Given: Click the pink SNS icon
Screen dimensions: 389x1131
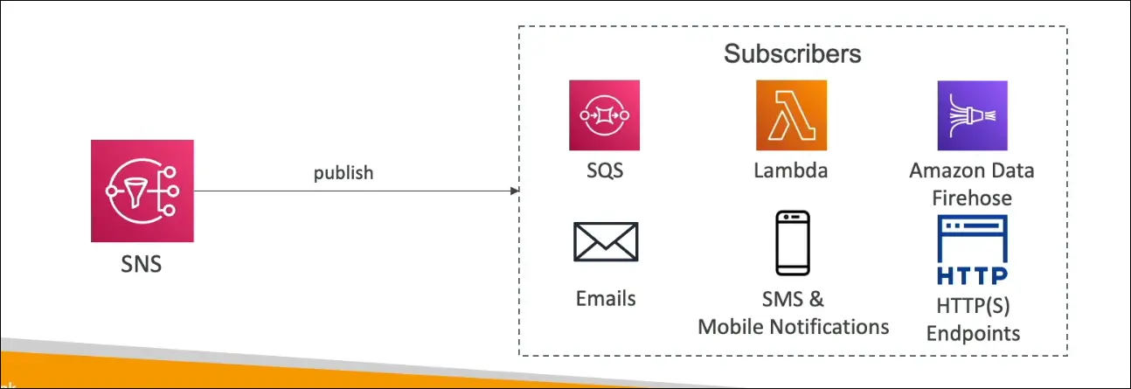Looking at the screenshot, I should (142, 191).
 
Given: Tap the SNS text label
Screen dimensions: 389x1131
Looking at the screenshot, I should (142, 263).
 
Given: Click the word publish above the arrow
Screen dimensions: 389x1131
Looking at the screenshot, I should (343, 172).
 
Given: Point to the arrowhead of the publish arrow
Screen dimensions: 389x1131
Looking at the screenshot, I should (514, 191).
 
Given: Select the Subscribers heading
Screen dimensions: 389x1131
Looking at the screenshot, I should (792, 53).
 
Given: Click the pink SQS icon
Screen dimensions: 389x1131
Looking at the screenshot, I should (604, 115).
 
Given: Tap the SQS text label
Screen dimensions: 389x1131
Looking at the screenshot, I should (605, 170).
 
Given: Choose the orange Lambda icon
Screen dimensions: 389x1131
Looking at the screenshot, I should (791, 115).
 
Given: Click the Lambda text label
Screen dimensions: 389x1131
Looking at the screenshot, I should (791, 170).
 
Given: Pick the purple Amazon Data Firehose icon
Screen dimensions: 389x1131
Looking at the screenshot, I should (972, 115).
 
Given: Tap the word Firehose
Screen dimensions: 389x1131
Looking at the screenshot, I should (971, 198).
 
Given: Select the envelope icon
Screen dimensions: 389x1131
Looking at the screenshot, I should (606, 242).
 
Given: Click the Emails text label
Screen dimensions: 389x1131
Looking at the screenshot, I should (606, 298).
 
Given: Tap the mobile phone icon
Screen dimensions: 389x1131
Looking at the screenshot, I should (793, 242).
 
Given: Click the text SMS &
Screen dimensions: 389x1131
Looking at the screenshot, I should (792, 299).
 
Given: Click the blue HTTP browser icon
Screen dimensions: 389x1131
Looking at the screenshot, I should (972, 250).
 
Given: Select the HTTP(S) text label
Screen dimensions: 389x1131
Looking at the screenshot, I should (972, 306).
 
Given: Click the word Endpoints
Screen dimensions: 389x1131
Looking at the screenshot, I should (973, 333).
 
